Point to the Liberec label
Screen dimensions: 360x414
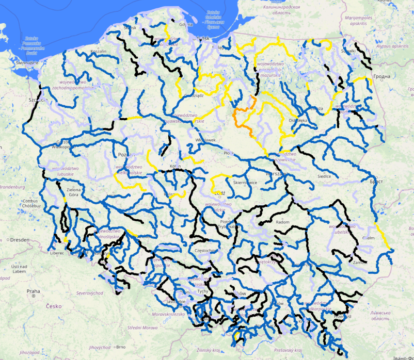pos(56,253)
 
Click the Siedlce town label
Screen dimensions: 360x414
pos(323,175)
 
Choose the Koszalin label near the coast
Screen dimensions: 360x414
pos(98,52)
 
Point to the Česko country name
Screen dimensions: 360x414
pos(53,306)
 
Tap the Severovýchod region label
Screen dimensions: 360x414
pos(90,293)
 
